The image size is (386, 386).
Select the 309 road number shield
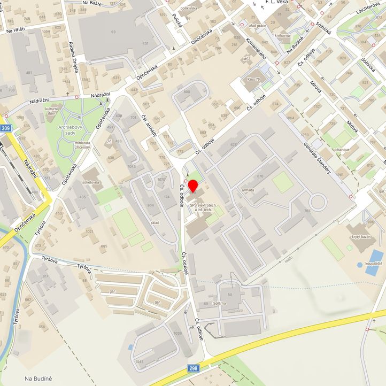tap(6, 129)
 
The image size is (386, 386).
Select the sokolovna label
tap(90, 182)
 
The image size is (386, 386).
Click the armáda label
tap(248, 189)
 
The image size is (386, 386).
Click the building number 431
tap(145, 43)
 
